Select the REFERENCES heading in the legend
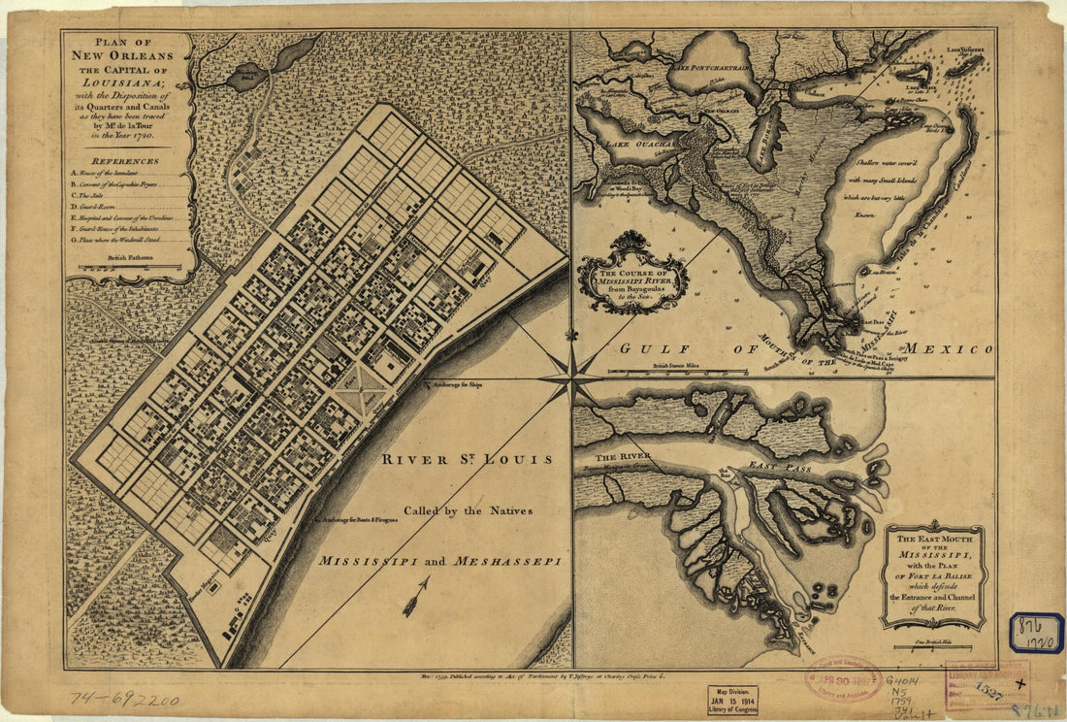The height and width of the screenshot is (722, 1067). click(x=126, y=161)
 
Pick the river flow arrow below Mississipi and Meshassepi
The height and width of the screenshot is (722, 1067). click(x=416, y=594)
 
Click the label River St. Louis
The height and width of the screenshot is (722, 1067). click(x=467, y=459)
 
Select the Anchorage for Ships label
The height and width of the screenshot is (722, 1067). click(x=457, y=385)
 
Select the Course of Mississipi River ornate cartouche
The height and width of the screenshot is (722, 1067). click(x=633, y=275)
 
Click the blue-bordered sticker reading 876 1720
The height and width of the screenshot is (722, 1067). click(x=1035, y=633)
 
